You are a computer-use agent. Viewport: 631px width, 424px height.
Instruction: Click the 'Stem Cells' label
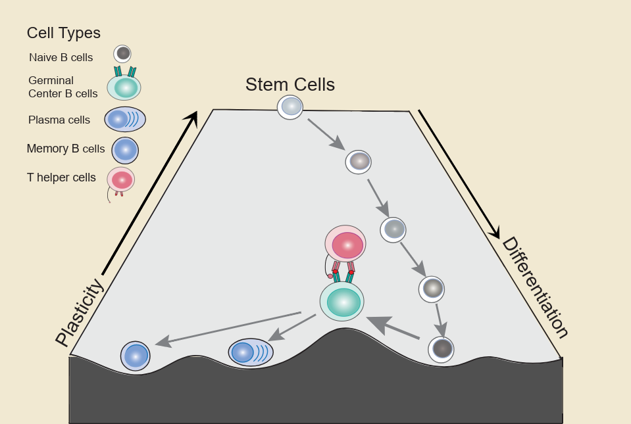pos(290,85)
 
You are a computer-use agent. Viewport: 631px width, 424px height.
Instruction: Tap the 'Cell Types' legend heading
pos(63,33)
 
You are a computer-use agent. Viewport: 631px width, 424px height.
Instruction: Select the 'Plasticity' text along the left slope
pos(80,312)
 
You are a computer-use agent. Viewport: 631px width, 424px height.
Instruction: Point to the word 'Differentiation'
pos(535,287)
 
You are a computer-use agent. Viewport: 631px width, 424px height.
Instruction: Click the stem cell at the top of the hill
pos(290,106)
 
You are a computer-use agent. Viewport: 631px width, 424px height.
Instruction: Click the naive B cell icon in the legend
pos(122,53)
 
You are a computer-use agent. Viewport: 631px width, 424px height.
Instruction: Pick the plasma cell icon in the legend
pos(125,120)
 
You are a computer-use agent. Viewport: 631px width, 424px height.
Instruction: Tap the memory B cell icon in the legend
pos(125,150)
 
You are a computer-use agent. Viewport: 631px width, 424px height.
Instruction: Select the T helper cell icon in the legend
pos(121,179)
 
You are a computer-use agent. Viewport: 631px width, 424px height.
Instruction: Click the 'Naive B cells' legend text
pos(61,57)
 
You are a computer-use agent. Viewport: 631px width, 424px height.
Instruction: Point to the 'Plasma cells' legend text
pos(59,120)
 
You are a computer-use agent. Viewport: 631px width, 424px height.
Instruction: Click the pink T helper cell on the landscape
pos(345,245)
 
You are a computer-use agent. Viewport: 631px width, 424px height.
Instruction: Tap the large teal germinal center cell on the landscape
pos(342,301)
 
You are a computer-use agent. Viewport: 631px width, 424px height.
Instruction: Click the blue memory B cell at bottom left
pos(136,356)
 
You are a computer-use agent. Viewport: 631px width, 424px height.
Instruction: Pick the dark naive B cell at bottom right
pos(442,348)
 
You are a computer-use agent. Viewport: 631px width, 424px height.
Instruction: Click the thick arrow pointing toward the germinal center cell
pos(393,329)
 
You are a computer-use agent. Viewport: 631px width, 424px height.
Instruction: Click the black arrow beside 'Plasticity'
pos(149,193)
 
